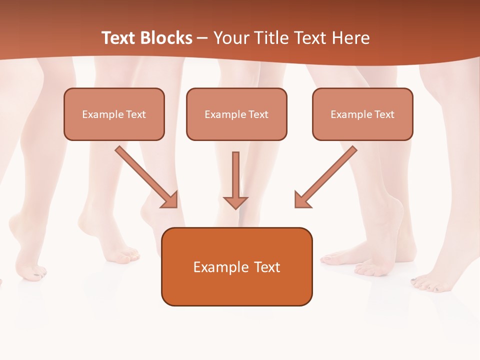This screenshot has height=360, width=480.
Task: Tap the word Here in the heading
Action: click(x=350, y=38)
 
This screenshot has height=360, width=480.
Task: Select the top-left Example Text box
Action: click(x=114, y=114)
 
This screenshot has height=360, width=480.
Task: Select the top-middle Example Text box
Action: click(x=236, y=114)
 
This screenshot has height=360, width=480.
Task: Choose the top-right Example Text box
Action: click(x=362, y=114)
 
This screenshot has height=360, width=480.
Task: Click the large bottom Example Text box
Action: click(x=237, y=266)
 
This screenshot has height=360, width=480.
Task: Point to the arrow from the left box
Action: click(x=145, y=176)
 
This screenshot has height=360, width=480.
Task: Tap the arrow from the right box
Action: click(x=326, y=176)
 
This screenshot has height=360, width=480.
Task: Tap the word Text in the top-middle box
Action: click(x=258, y=114)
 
